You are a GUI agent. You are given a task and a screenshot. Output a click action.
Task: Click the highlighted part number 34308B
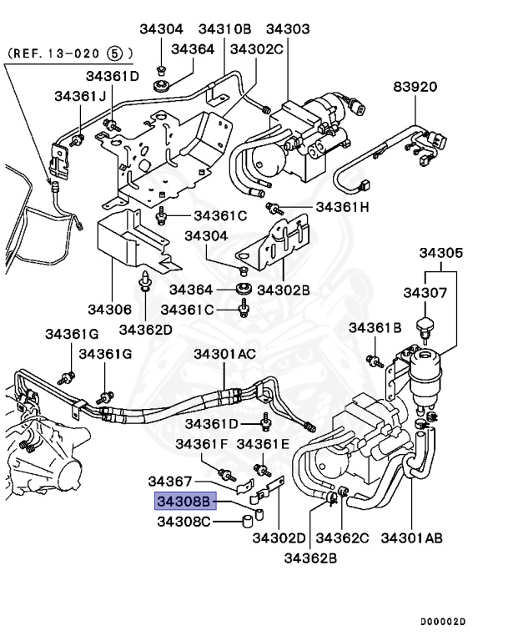click(184, 502)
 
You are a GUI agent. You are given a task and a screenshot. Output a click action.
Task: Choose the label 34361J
click(81, 96)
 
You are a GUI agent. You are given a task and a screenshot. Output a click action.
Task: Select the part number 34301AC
click(225, 354)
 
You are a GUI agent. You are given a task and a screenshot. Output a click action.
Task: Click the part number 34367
click(171, 482)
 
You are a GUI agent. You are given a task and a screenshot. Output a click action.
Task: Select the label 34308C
click(184, 522)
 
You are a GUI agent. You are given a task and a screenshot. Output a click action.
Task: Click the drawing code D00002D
click(442, 622)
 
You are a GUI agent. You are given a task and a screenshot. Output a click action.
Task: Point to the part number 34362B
click(310, 557)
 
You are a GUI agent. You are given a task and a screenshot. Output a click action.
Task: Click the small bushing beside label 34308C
click(247, 522)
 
